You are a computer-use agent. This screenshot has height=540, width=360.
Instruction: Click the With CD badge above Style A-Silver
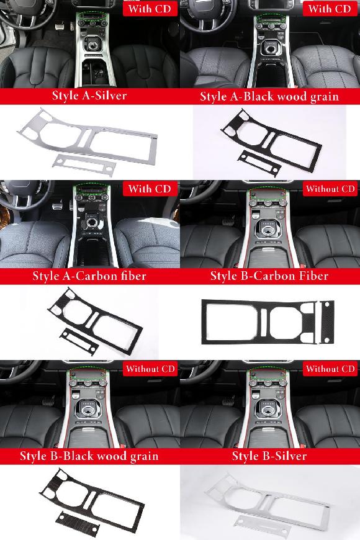[x=150, y=9]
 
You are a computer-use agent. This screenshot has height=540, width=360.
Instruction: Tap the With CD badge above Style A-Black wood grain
[x=330, y=9]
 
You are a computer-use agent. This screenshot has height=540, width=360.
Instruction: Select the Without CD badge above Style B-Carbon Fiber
[x=330, y=189]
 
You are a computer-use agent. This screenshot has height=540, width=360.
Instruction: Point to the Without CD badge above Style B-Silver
[x=330, y=369]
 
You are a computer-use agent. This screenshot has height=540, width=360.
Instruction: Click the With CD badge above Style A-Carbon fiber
[x=150, y=189]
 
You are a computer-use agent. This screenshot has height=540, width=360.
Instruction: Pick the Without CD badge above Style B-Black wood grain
[x=150, y=369]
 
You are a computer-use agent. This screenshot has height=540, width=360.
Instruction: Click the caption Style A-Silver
[x=89, y=96]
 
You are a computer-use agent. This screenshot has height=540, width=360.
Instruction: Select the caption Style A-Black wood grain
[x=269, y=96]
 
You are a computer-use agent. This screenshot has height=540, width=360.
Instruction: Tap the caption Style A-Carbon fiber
[x=89, y=276]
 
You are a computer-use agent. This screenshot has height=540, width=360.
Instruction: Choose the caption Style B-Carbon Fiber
[x=269, y=276]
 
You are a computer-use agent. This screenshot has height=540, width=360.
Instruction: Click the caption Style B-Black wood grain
[x=89, y=456]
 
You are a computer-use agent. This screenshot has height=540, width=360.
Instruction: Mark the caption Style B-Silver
[x=269, y=456]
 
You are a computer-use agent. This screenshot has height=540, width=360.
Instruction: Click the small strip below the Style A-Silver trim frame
[x=84, y=165]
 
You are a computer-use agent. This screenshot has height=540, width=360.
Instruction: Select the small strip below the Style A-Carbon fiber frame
[x=79, y=340]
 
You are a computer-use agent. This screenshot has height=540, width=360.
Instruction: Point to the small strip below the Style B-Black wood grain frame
[x=78, y=524]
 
